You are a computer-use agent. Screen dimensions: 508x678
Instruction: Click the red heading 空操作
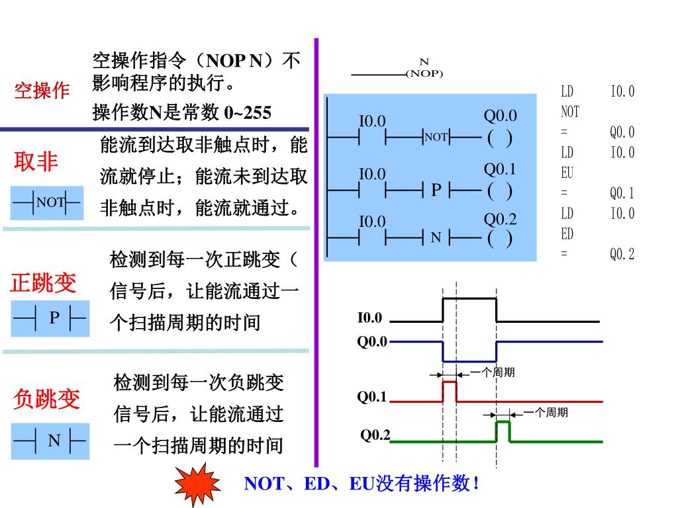click(x=42, y=91)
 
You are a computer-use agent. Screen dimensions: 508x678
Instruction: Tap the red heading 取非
click(x=36, y=161)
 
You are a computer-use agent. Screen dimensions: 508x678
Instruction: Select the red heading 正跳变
click(x=44, y=283)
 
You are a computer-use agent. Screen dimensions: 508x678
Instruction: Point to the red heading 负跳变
click(x=46, y=399)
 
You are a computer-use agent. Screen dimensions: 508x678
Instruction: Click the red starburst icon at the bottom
click(x=197, y=484)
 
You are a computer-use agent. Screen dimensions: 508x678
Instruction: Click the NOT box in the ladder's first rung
click(x=436, y=138)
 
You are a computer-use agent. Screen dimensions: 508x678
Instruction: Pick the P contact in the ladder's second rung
click(x=436, y=190)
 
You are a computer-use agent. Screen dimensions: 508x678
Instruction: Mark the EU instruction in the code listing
click(x=567, y=173)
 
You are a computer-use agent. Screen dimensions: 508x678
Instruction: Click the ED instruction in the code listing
click(x=567, y=234)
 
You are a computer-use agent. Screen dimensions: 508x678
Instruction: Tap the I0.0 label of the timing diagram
click(x=369, y=318)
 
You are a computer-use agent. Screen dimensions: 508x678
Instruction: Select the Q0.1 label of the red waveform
click(x=371, y=397)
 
